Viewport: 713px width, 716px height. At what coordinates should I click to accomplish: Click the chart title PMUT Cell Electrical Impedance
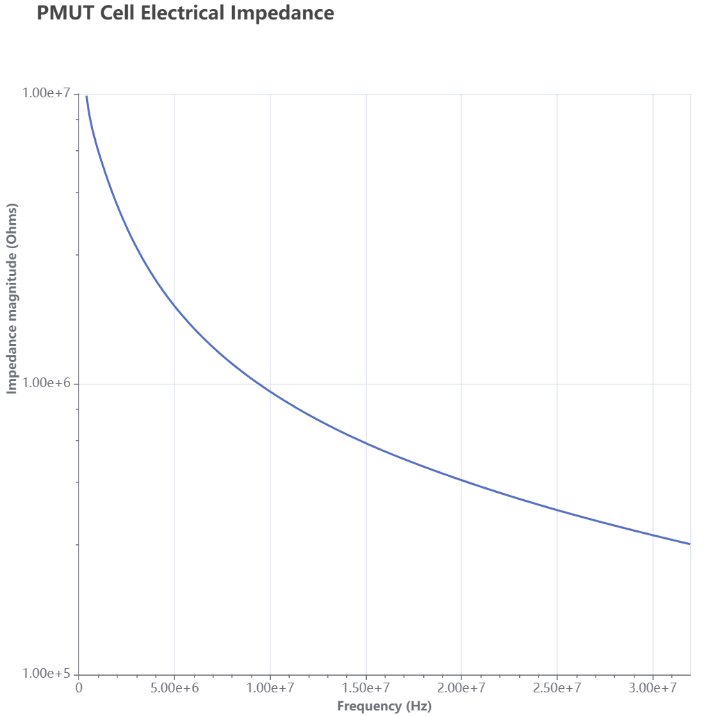(x=186, y=13)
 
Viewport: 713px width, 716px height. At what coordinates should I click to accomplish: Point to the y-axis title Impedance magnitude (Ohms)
(x=12, y=299)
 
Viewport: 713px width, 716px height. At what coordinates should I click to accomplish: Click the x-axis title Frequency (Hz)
(x=384, y=706)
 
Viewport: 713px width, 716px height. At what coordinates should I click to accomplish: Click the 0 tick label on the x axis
(x=79, y=688)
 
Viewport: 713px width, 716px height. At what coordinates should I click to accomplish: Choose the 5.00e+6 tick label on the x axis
(x=174, y=688)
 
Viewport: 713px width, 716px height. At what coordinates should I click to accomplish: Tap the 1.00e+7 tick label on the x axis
(x=270, y=688)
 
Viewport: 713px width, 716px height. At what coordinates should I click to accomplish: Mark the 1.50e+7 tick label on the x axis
(x=366, y=688)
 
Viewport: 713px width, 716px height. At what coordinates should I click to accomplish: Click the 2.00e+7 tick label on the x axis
(x=461, y=688)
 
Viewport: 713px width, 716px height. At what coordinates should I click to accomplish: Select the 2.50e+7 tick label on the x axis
(x=557, y=688)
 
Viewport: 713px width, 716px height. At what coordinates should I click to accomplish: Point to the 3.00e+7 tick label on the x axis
(x=653, y=688)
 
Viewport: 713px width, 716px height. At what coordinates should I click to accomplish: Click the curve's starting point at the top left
(x=86, y=96)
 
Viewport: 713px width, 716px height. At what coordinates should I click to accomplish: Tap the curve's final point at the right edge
(x=690, y=544)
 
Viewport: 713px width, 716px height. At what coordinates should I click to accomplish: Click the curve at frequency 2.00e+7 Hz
(x=461, y=480)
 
